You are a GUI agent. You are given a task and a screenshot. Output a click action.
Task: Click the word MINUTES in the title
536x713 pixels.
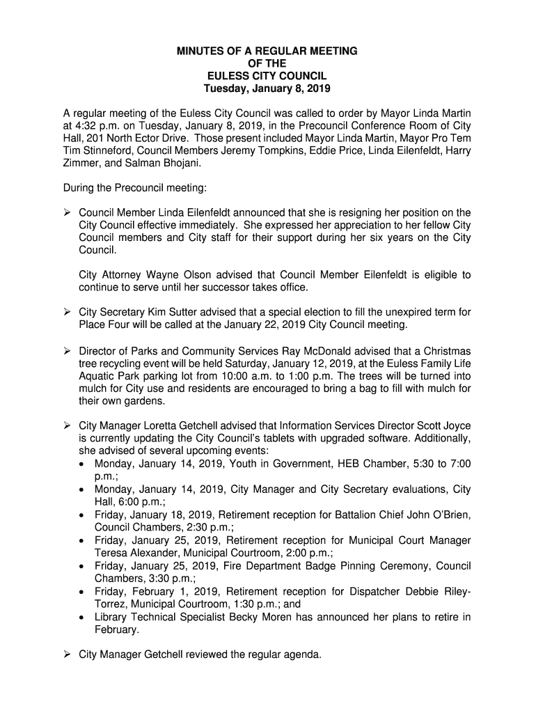click(200, 52)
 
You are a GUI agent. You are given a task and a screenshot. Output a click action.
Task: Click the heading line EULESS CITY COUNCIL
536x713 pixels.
click(267, 77)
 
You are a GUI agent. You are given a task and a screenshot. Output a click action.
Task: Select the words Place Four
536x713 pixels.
click(103, 325)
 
